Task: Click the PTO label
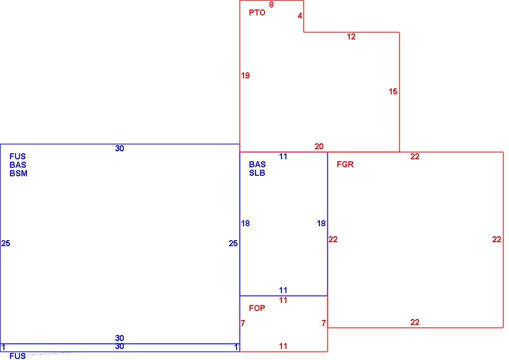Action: point(257,12)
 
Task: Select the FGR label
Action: point(345,164)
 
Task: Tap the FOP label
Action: point(257,308)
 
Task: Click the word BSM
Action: point(18,173)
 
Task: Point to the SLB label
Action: point(257,173)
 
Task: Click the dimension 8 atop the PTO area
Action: point(271,4)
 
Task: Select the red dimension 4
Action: point(300,15)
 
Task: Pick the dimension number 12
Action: point(351,37)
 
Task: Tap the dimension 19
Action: point(246,76)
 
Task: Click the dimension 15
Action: point(393,92)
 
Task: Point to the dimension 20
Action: point(319,146)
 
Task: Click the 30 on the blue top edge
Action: point(119,148)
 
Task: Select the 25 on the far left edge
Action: point(6,243)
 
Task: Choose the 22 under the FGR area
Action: point(415,322)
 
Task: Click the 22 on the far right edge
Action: point(497,240)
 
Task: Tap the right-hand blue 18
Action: point(321,223)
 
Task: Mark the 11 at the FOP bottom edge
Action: point(283,347)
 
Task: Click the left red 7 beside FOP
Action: point(243,323)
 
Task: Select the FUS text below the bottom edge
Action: point(17,356)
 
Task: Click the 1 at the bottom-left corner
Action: point(3,348)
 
